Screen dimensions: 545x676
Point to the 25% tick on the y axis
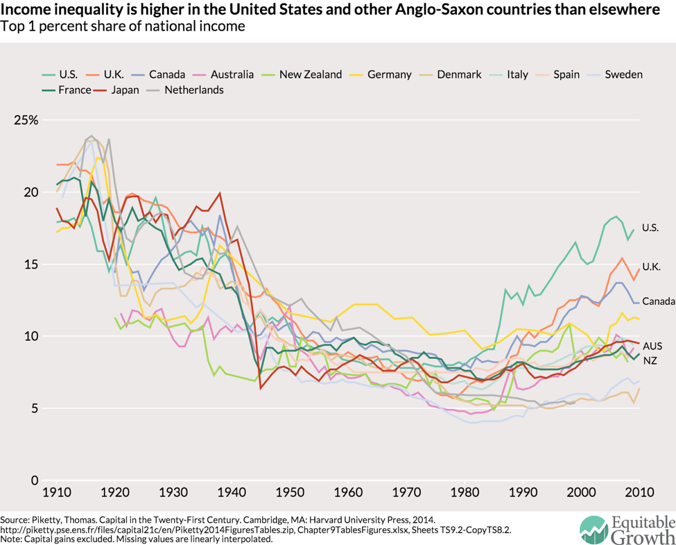coord(27,119)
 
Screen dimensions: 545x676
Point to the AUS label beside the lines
coord(652,345)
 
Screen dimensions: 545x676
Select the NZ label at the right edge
coord(650,361)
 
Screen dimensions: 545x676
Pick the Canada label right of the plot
coord(657,301)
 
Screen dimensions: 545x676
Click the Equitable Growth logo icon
coord(593,530)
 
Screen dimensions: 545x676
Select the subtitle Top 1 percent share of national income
coord(123,27)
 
